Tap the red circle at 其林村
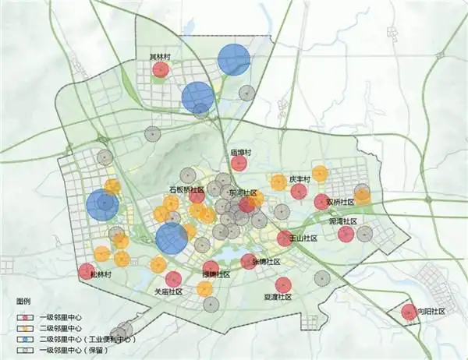tap(161, 70)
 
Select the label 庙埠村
tap(239, 152)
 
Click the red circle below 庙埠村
tap(240, 164)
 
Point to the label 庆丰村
tap(300, 179)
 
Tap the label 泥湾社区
tap(342, 222)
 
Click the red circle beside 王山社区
tap(285, 238)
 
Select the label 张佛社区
tap(267, 262)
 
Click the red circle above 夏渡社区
tap(283, 285)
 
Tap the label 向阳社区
tap(430, 312)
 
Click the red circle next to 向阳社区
tap(409, 312)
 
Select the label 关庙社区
tap(168, 291)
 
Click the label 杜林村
tap(101, 275)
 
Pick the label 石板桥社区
tap(187, 189)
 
